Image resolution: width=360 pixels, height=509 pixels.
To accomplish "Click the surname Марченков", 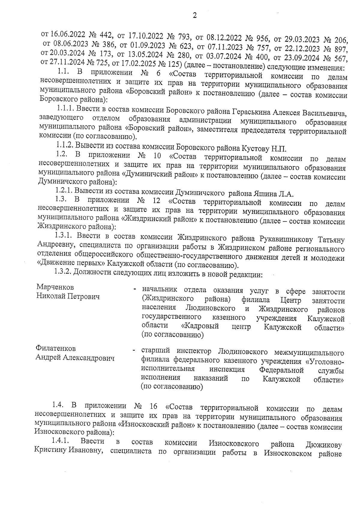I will point(55,287).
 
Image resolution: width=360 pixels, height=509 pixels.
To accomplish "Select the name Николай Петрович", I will point(68,296).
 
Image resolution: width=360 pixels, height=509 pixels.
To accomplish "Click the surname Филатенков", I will point(56,349).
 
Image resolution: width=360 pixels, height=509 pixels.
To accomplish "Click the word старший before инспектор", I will point(155,351).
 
